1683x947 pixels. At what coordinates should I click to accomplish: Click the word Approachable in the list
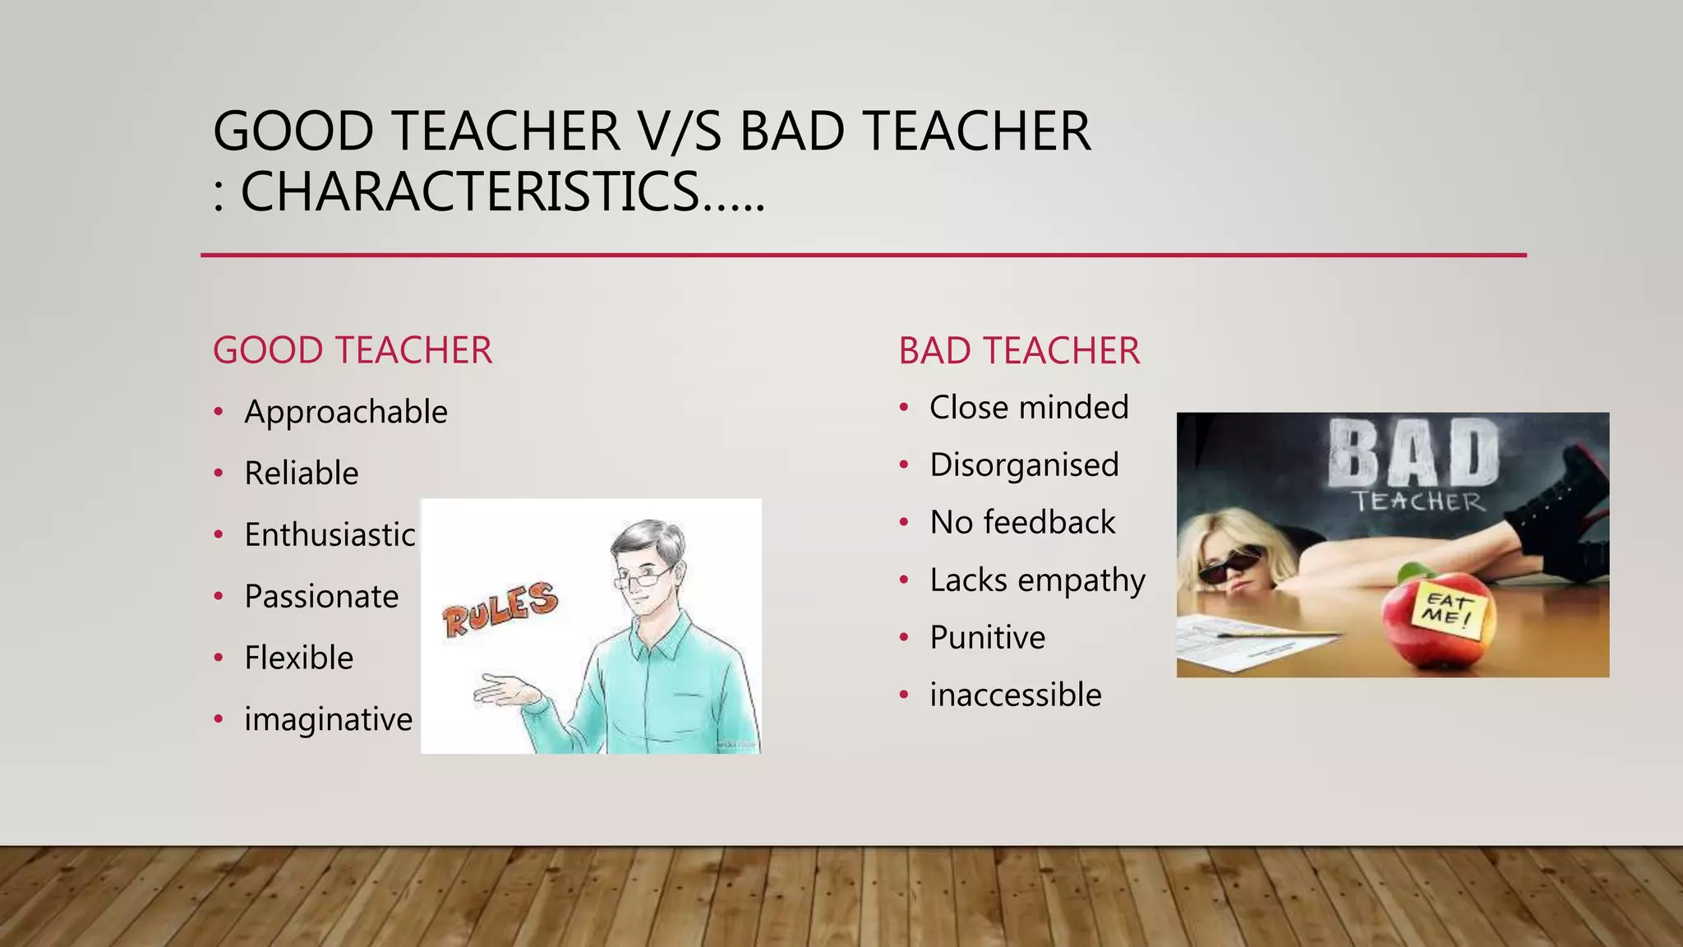[x=345, y=412]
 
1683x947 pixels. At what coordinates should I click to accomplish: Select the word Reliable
[x=301, y=473]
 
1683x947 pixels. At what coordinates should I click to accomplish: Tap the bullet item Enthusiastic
[x=330, y=535]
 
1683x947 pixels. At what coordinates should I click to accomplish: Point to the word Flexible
[x=298, y=658]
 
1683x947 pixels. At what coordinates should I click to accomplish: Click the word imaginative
[x=328, y=720]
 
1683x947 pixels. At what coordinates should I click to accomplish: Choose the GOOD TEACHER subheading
[x=352, y=351]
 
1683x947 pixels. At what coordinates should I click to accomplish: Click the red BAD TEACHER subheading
[x=1019, y=352]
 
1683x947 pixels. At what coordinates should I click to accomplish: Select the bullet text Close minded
[x=1029, y=408]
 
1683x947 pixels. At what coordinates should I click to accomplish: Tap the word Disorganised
[x=1024, y=465]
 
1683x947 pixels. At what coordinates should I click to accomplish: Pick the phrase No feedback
[x=1022, y=523]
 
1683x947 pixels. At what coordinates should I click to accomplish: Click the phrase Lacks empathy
[x=1037, y=580]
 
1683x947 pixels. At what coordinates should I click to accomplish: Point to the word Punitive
[x=987, y=638]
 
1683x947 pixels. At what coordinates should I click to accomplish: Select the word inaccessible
[x=1015, y=695]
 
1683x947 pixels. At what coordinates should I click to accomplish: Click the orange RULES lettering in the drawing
[x=500, y=608]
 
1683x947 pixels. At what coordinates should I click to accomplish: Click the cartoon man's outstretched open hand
[x=505, y=691]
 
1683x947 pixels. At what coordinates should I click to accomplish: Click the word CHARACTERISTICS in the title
[x=470, y=192]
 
